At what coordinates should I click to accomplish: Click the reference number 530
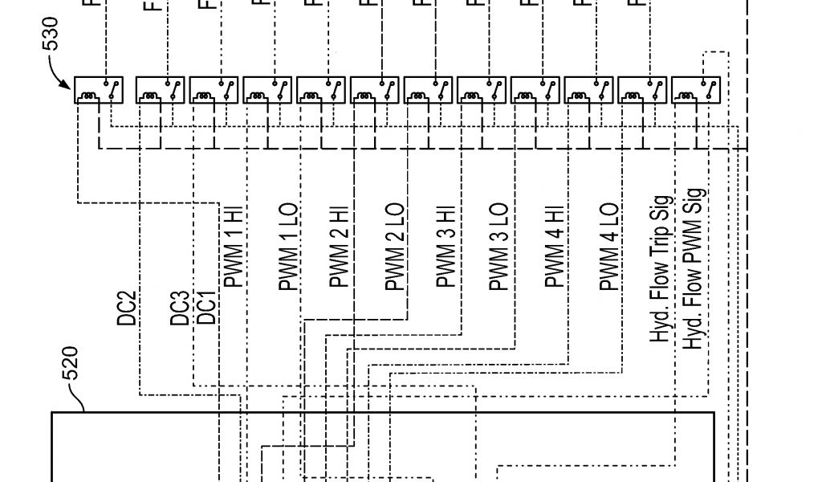50,34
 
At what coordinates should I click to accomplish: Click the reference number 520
70,362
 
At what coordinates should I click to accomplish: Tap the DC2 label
127,308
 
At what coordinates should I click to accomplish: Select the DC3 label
181,308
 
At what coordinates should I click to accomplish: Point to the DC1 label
205,308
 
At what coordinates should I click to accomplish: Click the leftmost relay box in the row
99,90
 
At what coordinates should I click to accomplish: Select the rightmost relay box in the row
695,90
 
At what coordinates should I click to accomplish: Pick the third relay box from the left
214,90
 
